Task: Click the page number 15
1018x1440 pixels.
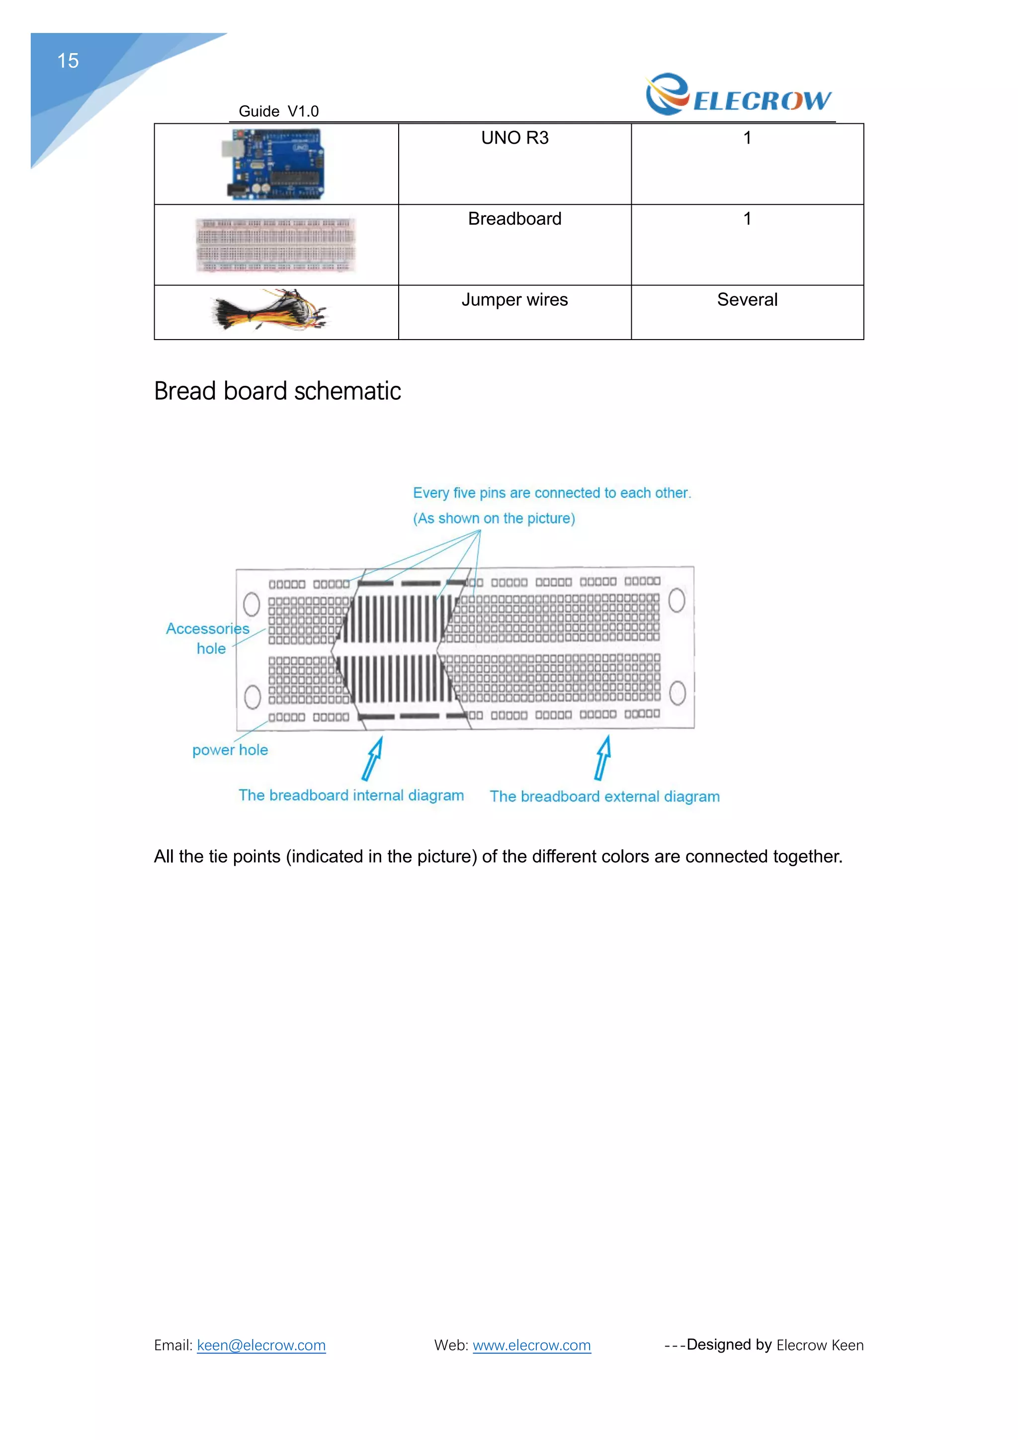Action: pos(68,61)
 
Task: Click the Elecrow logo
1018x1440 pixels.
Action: pos(739,95)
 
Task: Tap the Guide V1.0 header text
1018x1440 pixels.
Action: pos(278,112)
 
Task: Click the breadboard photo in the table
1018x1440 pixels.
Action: pos(275,245)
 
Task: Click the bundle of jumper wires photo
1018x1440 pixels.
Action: pos(269,310)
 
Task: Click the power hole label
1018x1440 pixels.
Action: pos(230,750)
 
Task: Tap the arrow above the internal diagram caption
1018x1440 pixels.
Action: pos(373,758)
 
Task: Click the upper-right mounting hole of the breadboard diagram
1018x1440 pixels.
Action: pos(677,600)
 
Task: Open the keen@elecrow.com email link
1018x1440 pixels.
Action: pos(261,1346)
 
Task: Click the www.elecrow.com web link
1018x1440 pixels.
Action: pos(531,1346)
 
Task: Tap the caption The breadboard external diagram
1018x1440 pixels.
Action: pos(604,797)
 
